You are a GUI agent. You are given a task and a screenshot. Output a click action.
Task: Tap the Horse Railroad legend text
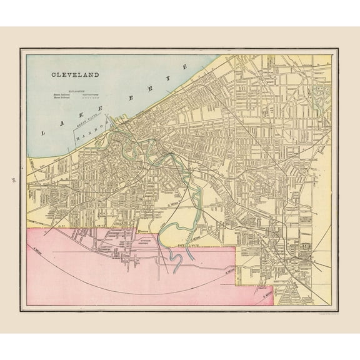point(61,97)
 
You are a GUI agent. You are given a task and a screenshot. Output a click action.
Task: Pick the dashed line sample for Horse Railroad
point(92,97)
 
